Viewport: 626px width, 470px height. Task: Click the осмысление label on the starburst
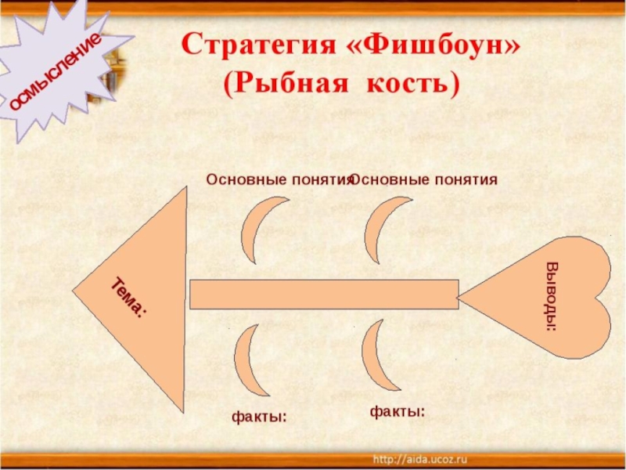[56, 71]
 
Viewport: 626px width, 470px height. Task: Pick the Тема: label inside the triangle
[128, 298]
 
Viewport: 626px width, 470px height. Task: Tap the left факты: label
[258, 418]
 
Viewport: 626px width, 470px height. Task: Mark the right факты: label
[398, 410]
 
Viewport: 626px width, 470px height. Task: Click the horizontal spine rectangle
[324, 294]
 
